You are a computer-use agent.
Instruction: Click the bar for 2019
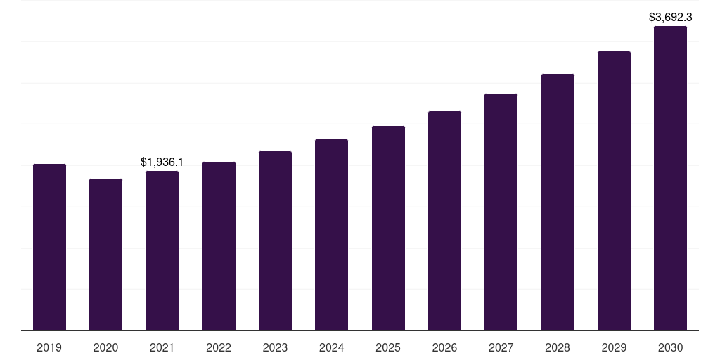pyautogui.click(x=49, y=247)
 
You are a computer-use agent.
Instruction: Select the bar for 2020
pyautogui.click(x=105, y=255)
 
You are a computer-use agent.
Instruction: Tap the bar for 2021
pyautogui.click(x=162, y=250)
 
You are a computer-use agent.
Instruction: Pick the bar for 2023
pyautogui.click(x=275, y=240)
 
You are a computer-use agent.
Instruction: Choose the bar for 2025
pyautogui.click(x=388, y=228)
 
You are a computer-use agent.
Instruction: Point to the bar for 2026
pyautogui.click(x=444, y=221)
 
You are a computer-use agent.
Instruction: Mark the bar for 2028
pyautogui.click(x=558, y=202)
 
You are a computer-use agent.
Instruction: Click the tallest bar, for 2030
pyautogui.click(x=670, y=178)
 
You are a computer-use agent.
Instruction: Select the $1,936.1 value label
pyautogui.click(x=162, y=162)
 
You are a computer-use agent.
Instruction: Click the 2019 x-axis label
pyautogui.click(x=49, y=348)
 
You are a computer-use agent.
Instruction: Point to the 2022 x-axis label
pyautogui.click(x=219, y=348)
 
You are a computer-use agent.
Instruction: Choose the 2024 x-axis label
pyautogui.click(x=331, y=348)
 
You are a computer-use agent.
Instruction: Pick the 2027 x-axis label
pyautogui.click(x=501, y=348)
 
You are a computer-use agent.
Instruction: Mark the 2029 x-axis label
pyautogui.click(x=614, y=348)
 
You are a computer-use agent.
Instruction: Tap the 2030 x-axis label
pyautogui.click(x=670, y=348)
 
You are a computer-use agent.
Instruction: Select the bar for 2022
pyautogui.click(x=219, y=246)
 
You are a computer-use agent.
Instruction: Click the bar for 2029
pyautogui.click(x=614, y=191)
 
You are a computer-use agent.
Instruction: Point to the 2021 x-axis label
pyautogui.click(x=162, y=348)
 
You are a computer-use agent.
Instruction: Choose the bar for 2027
pyautogui.click(x=501, y=212)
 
